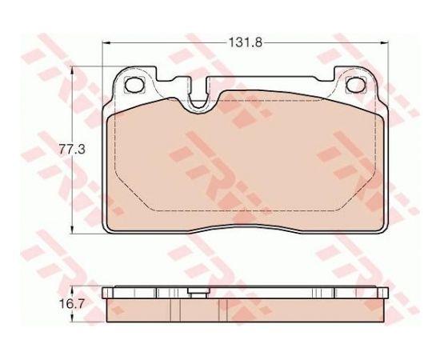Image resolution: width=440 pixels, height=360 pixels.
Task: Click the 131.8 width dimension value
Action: coord(246,42)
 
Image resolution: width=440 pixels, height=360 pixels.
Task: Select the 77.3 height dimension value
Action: coord(72,149)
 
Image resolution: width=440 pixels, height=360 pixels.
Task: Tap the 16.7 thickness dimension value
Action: coord(72,304)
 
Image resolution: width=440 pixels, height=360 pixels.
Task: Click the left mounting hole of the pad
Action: coord(134,84)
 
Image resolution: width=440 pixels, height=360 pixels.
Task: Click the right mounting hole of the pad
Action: coord(356,84)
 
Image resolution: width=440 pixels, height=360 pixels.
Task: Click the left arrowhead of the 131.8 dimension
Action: coord(106,43)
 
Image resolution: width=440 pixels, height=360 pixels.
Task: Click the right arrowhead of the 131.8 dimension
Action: coord(385,43)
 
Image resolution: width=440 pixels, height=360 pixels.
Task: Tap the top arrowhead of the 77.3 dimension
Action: coord(73,70)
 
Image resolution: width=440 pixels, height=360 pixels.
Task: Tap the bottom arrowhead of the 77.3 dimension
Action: coord(73,230)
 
